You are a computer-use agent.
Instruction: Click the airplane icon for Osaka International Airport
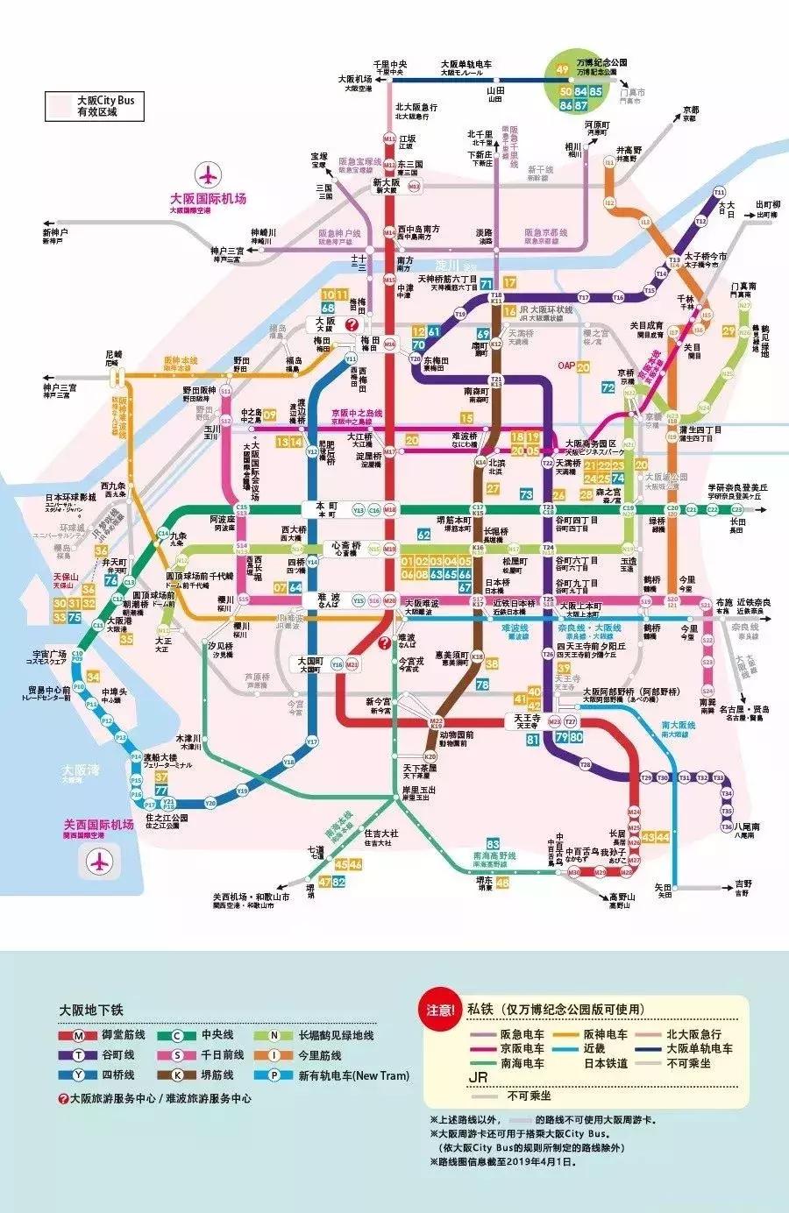[x=208, y=174]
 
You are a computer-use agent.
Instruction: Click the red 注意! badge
[x=442, y=1010]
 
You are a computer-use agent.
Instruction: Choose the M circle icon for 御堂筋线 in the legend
[x=79, y=1035]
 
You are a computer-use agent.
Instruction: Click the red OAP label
[x=566, y=365]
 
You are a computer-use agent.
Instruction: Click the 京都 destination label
[x=691, y=111]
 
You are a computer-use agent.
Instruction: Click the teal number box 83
[x=493, y=844]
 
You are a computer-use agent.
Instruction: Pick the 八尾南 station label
[x=748, y=826]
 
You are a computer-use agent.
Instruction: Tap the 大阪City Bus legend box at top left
[x=95, y=106]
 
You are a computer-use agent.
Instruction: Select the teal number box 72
[x=608, y=387]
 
